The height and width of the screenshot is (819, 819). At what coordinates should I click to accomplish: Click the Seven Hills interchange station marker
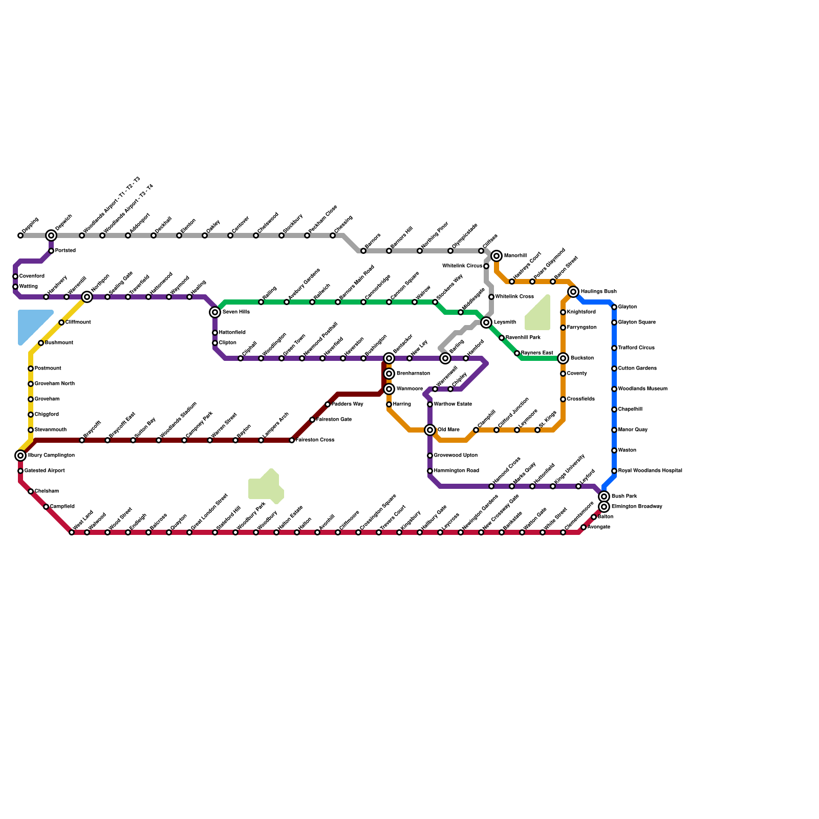click(215, 312)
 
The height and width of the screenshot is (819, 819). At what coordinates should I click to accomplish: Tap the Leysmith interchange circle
click(486, 322)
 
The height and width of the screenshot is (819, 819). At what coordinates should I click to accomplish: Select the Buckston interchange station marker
click(563, 358)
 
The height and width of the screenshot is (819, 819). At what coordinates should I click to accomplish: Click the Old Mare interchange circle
click(430, 430)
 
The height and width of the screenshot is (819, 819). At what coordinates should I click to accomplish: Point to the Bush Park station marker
click(604, 497)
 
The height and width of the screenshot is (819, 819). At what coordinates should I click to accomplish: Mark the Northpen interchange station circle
click(87, 297)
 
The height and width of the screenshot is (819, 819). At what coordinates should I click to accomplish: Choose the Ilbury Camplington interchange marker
click(20, 456)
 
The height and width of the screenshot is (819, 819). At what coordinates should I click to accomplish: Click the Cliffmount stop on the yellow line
click(61, 322)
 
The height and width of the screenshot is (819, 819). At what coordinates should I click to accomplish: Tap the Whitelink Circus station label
click(462, 266)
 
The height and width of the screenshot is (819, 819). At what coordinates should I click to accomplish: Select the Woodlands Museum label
click(642, 389)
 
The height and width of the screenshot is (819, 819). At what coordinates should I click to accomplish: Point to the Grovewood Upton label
click(456, 456)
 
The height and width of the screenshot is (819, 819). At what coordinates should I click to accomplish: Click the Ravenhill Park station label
click(523, 338)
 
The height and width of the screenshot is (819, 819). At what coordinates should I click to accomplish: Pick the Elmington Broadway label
click(637, 507)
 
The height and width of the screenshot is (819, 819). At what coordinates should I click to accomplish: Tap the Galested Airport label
click(45, 471)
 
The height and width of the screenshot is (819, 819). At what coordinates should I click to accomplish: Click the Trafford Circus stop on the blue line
click(614, 348)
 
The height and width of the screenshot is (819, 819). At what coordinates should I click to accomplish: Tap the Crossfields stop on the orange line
click(563, 399)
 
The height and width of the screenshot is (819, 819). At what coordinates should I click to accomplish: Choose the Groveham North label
click(55, 384)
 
